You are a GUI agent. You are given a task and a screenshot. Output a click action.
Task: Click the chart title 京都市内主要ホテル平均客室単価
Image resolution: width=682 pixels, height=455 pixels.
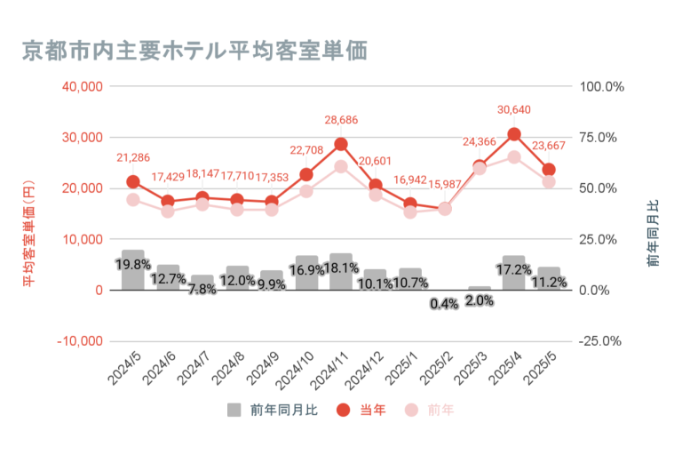[x=193, y=50]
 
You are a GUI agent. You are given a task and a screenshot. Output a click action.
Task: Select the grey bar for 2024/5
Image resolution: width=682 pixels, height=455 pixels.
[x=133, y=270]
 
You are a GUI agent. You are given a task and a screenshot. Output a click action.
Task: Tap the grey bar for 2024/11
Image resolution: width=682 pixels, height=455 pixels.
[x=341, y=272]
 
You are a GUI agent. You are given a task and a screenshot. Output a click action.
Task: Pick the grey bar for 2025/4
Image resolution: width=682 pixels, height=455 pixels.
[x=514, y=273]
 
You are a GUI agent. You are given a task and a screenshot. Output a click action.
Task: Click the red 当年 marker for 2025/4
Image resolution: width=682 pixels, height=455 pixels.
[x=514, y=134]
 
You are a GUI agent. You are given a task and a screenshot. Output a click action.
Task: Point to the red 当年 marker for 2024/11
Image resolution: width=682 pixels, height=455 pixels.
[x=341, y=144]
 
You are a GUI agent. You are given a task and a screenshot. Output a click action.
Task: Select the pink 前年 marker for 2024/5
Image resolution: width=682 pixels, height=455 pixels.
[x=133, y=199]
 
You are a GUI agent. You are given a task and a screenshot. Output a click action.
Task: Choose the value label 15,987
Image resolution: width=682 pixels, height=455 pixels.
[x=445, y=184]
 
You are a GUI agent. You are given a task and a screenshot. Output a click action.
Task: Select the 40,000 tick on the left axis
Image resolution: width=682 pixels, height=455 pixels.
[x=83, y=86]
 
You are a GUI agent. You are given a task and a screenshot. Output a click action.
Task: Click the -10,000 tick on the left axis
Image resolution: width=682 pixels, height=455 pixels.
[x=80, y=341]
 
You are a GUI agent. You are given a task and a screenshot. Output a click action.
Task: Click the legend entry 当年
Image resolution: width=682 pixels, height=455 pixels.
[x=361, y=410]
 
